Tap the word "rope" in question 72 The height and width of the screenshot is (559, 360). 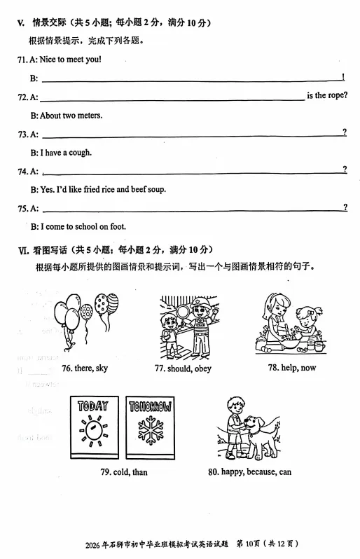click(x=335, y=96)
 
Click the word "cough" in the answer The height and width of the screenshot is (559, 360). click(x=81, y=152)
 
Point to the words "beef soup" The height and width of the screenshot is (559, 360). click(x=147, y=189)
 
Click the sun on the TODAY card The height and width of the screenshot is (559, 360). click(x=93, y=429)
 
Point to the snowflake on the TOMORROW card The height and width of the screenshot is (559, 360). click(x=150, y=429)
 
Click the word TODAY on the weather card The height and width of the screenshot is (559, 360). click(x=93, y=406)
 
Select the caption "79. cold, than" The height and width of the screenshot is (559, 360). click(x=124, y=472)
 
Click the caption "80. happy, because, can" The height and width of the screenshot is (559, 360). click(x=249, y=472)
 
